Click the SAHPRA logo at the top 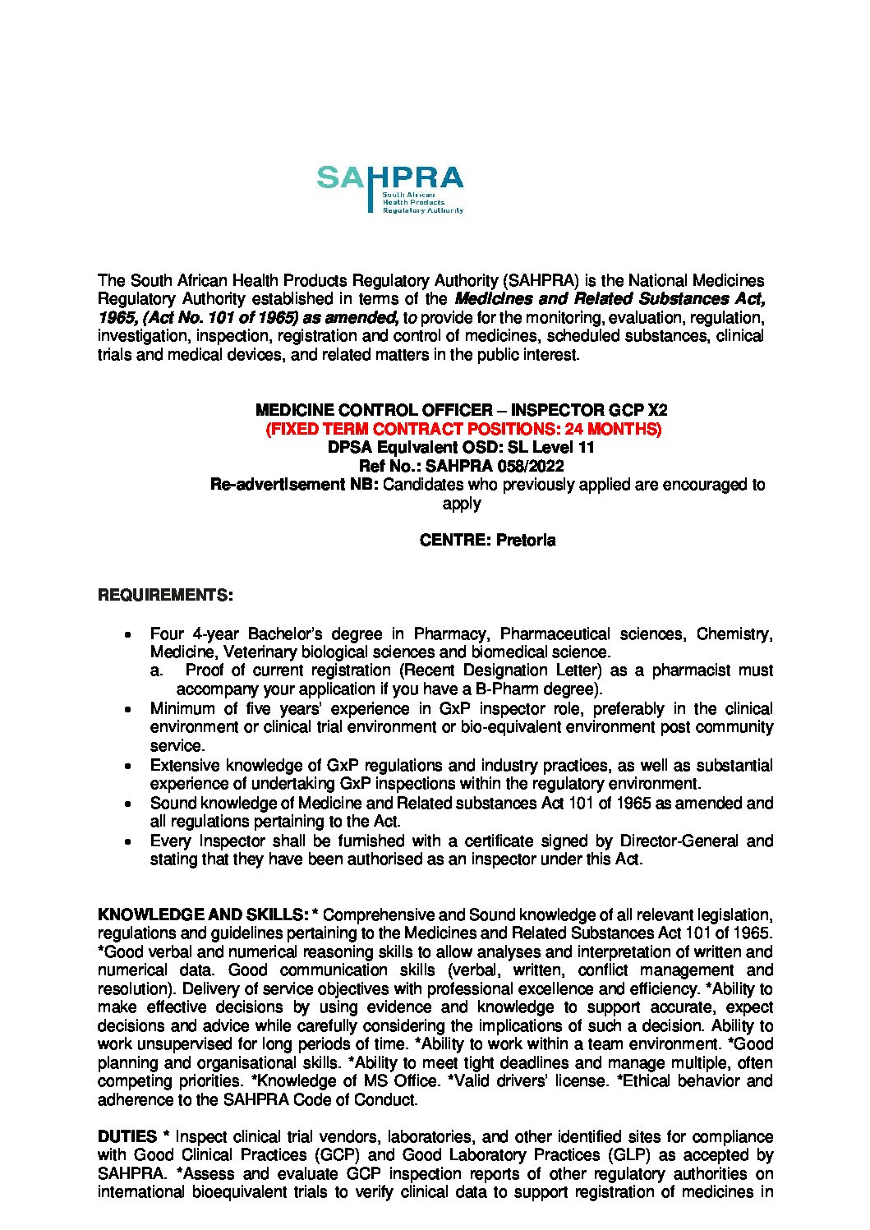(390, 188)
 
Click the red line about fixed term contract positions (463, 429)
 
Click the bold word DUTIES (127, 1136)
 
